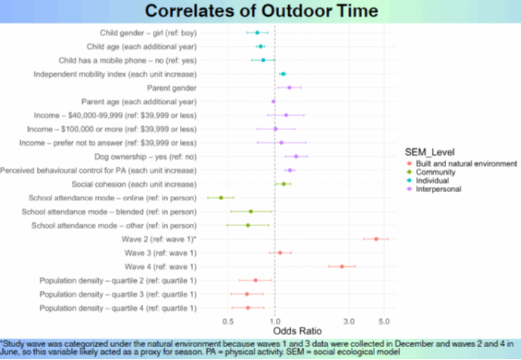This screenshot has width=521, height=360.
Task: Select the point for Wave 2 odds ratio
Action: (376, 239)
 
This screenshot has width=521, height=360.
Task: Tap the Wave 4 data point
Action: (342, 266)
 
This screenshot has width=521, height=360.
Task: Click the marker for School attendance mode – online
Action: (221, 197)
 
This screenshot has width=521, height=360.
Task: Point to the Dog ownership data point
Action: (296, 157)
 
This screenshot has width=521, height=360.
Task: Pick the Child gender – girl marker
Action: (257, 33)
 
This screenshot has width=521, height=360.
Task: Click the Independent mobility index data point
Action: (283, 74)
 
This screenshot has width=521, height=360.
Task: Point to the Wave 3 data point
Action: (280, 253)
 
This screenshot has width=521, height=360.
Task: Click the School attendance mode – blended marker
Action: (251, 211)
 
